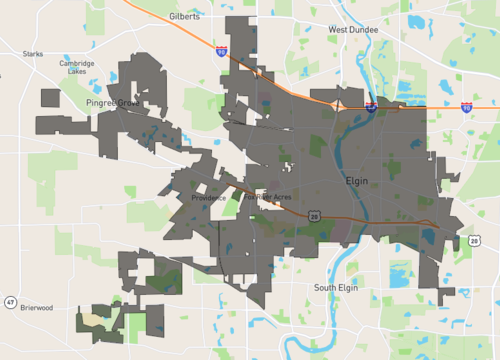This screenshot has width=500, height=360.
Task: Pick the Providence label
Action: tap(208, 197)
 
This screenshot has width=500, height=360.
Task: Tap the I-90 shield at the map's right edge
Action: tap(467, 106)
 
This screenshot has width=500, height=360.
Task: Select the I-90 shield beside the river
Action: tap(369, 105)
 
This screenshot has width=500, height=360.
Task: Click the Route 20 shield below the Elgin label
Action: tap(314, 215)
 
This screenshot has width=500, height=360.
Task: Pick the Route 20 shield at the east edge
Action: tap(474, 240)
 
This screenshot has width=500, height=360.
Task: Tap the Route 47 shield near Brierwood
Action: tap(9, 302)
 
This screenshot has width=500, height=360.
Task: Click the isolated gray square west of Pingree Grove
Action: tap(50, 97)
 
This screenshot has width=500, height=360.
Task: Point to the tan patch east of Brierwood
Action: tap(93, 321)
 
